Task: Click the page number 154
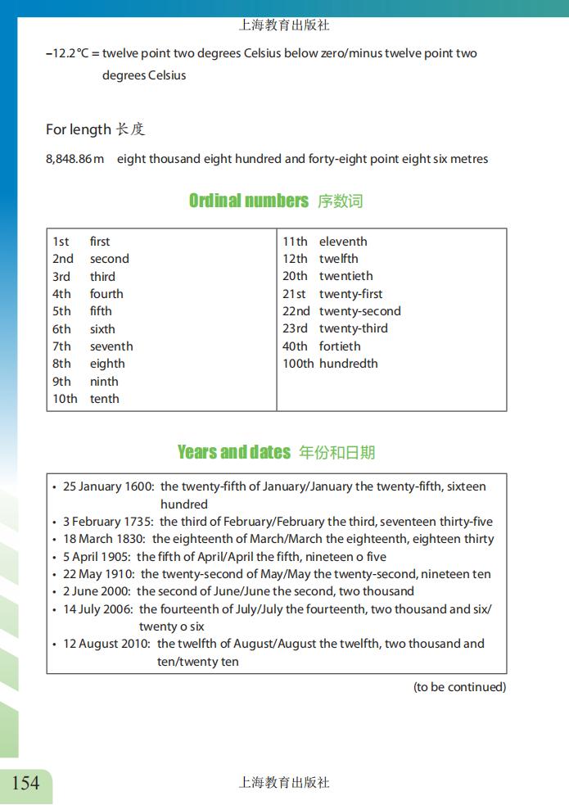click(x=25, y=784)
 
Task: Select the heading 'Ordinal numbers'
click(x=248, y=201)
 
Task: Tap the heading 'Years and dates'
click(x=233, y=452)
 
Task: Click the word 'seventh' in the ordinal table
click(x=111, y=346)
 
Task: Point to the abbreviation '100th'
click(x=298, y=364)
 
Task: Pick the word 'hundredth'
click(x=348, y=364)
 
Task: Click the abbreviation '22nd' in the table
click(x=296, y=311)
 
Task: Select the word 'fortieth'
click(x=340, y=346)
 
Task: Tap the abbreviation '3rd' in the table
click(x=61, y=277)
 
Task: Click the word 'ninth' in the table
click(x=104, y=382)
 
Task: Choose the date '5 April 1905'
click(x=96, y=557)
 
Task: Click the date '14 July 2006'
click(x=97, y=609)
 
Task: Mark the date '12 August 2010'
click(x=106, y=644)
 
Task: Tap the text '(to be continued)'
click(x=459, y=687)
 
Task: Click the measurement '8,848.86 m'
click(x=75, y=159)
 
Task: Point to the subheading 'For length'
click(x=78, y=129)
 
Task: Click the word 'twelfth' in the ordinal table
click(x=339, y=259)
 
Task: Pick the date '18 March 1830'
click(x=104, y=539)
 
